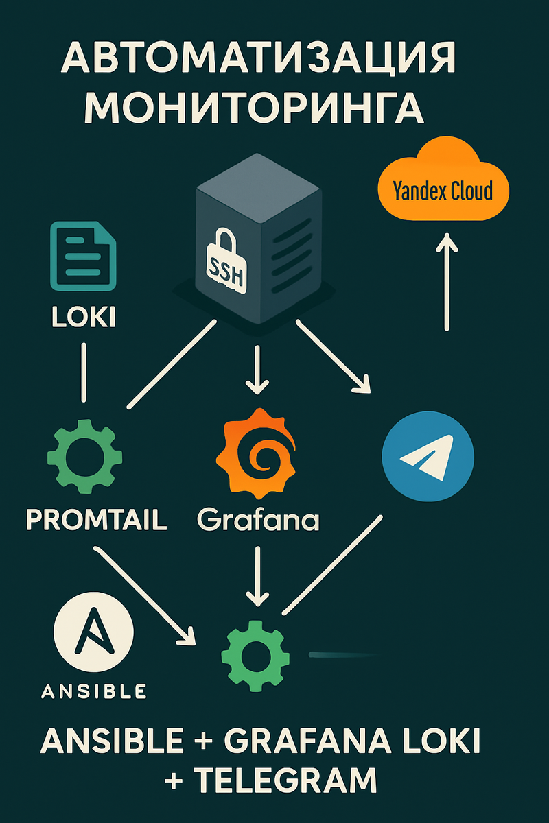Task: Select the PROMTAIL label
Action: (96, 520)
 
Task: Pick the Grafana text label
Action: (258, 521)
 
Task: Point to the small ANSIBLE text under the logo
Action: (94, 691)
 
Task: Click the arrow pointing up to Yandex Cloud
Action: (447, 281)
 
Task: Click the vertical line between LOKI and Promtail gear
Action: (84, 372)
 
